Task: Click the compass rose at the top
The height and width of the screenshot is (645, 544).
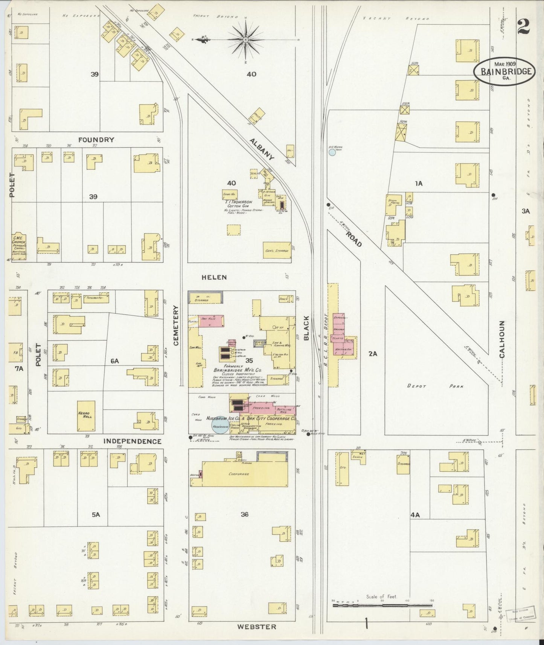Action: point(245,39)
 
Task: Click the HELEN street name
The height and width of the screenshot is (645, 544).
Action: point(214,277)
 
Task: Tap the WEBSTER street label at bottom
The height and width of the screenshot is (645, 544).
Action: point(256,627)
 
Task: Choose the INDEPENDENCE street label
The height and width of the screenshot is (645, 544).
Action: point(132,441)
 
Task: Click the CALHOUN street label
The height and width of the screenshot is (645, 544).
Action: point(501,339)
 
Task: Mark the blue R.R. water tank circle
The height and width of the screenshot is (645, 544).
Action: point(332,152)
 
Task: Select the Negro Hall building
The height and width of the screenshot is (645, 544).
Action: point(86,416)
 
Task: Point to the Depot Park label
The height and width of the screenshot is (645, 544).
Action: point(435,386)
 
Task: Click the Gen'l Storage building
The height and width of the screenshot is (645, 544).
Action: point(277,250)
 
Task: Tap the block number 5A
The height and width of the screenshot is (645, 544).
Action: point(96,514)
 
